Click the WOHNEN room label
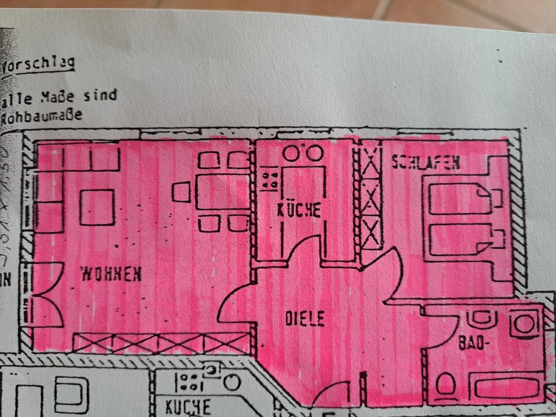pos(111,273)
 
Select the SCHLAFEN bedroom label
pos(426,163)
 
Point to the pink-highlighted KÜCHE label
pos(298,209)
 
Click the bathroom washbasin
pos(481,318)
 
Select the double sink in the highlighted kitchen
pos(302,153)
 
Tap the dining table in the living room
pos(222,192)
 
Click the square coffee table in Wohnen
pos(97,207)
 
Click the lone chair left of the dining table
pos(181,192)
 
